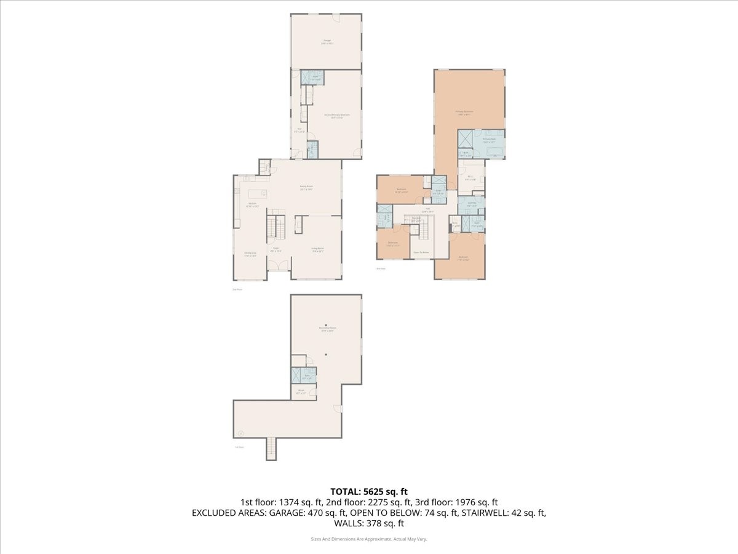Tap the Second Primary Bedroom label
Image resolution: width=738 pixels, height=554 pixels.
[x=333, y=116]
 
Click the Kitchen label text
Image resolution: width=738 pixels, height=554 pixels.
[x=252, y=206]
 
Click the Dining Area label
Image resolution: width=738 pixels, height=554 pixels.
[x=250, y=254]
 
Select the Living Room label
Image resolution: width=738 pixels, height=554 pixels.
[x=317, y=249]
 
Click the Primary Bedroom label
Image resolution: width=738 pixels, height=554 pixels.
[x=464, y=113]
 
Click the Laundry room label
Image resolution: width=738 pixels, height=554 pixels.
[x=472, y=204]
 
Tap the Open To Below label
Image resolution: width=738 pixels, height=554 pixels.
[x=421, y=252]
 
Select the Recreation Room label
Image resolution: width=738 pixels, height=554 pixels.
[x=326, y=330]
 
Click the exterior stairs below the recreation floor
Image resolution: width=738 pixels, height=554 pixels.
[x=271, y=449]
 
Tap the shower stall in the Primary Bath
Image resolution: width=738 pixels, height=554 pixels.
[x=466, y=137]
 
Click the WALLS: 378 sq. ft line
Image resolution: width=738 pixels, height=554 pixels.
[x=369, y=524]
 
